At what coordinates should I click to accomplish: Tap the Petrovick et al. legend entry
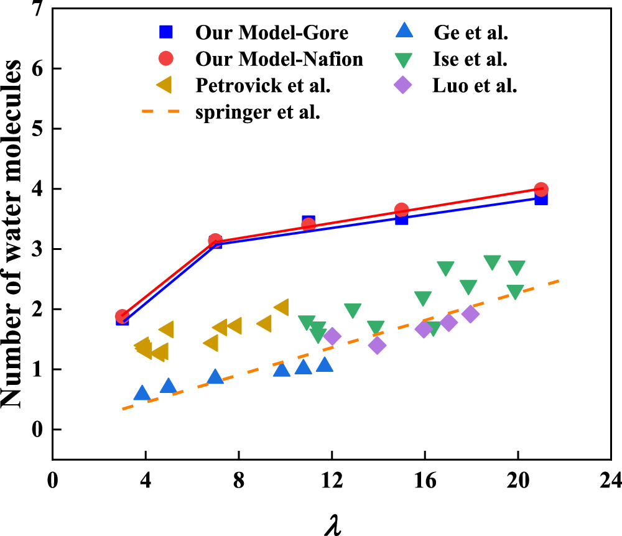point(262,86)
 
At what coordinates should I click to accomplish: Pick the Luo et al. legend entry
point(475,86)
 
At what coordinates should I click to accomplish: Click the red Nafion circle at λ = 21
point(541,189)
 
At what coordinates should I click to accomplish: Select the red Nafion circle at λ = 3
point(123,317)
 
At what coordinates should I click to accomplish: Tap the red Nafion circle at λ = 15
point(401,210)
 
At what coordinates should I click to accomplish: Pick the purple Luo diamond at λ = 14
point(377,345)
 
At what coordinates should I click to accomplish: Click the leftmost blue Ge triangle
point(142,393)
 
